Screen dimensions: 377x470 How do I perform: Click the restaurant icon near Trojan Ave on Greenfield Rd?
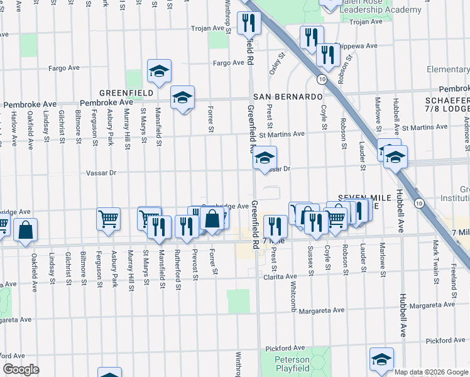tap(249, 23)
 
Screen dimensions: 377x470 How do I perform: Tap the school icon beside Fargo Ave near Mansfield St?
tap(160, 71)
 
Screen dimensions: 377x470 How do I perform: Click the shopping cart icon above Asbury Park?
tap(108, 219)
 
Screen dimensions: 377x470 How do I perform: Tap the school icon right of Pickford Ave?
tap(381, 359)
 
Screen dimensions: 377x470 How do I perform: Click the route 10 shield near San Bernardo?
tap(321, 79)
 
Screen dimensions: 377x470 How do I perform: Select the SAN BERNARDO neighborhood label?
tap(288, 97)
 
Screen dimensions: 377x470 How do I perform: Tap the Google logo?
tap(21, 369)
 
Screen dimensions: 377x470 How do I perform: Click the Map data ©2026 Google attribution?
tap(431, 372)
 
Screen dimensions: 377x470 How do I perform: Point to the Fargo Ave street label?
tap(228, 63)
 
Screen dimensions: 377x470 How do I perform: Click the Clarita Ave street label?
tap(280, 276)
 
